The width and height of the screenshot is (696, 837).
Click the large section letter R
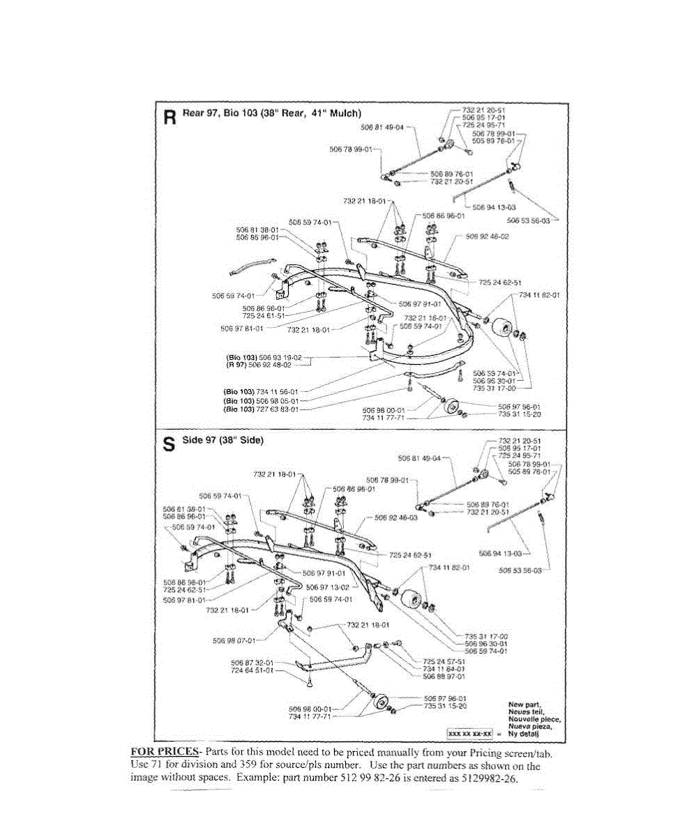169,116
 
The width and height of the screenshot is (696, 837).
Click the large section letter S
168,444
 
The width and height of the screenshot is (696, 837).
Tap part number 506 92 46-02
486,237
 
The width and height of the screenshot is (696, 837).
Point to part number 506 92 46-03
395,518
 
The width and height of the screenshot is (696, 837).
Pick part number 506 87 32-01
252,662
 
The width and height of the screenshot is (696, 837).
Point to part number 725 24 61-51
264,315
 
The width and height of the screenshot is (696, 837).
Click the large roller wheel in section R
500,329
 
